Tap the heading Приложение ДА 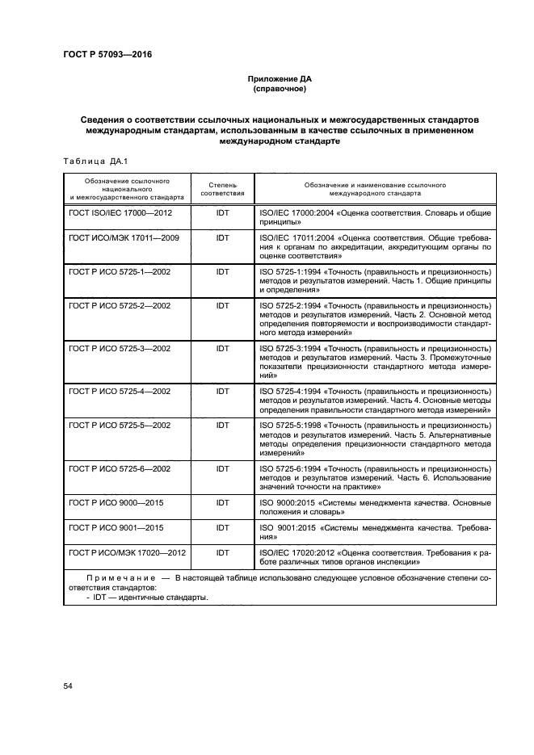pyautogui.click(x=267, y=79)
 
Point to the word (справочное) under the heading pyautogui.click(x=267, y=89)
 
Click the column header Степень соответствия pyautogui.click(x=222, y=189)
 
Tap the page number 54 pyautogui.click(x=68, y=686)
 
